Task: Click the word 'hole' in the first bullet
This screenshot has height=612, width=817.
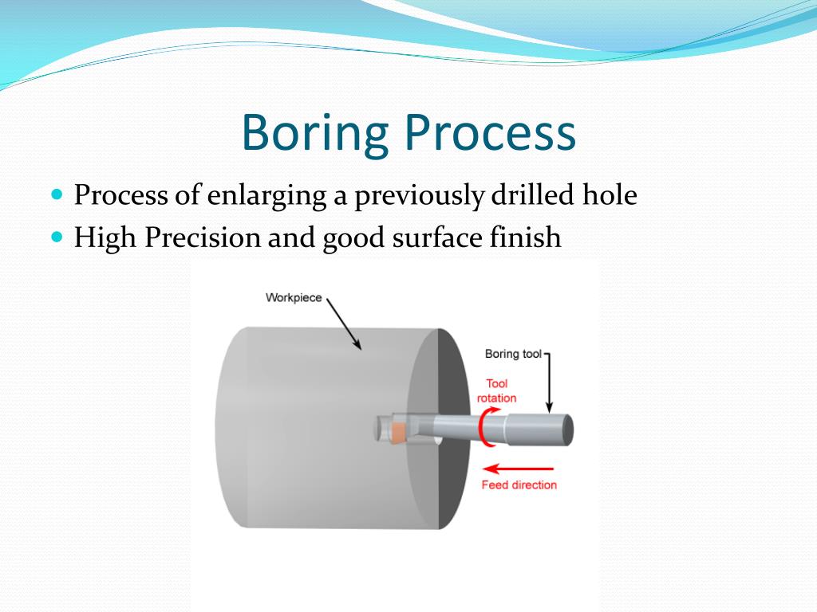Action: tap(611, 195)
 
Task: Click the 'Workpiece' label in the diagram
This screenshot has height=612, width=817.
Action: tap(294, 298)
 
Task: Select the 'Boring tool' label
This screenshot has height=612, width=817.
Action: tap(513, 354)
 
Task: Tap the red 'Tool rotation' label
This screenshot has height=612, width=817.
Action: tap(496, 390)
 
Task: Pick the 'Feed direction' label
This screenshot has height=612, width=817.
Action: tap(519, 484)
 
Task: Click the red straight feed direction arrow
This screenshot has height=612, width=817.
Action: tap(519, 469)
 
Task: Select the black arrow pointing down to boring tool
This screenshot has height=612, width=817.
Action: tap(550, 382)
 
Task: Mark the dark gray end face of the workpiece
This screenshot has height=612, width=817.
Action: tap(447, 478)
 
